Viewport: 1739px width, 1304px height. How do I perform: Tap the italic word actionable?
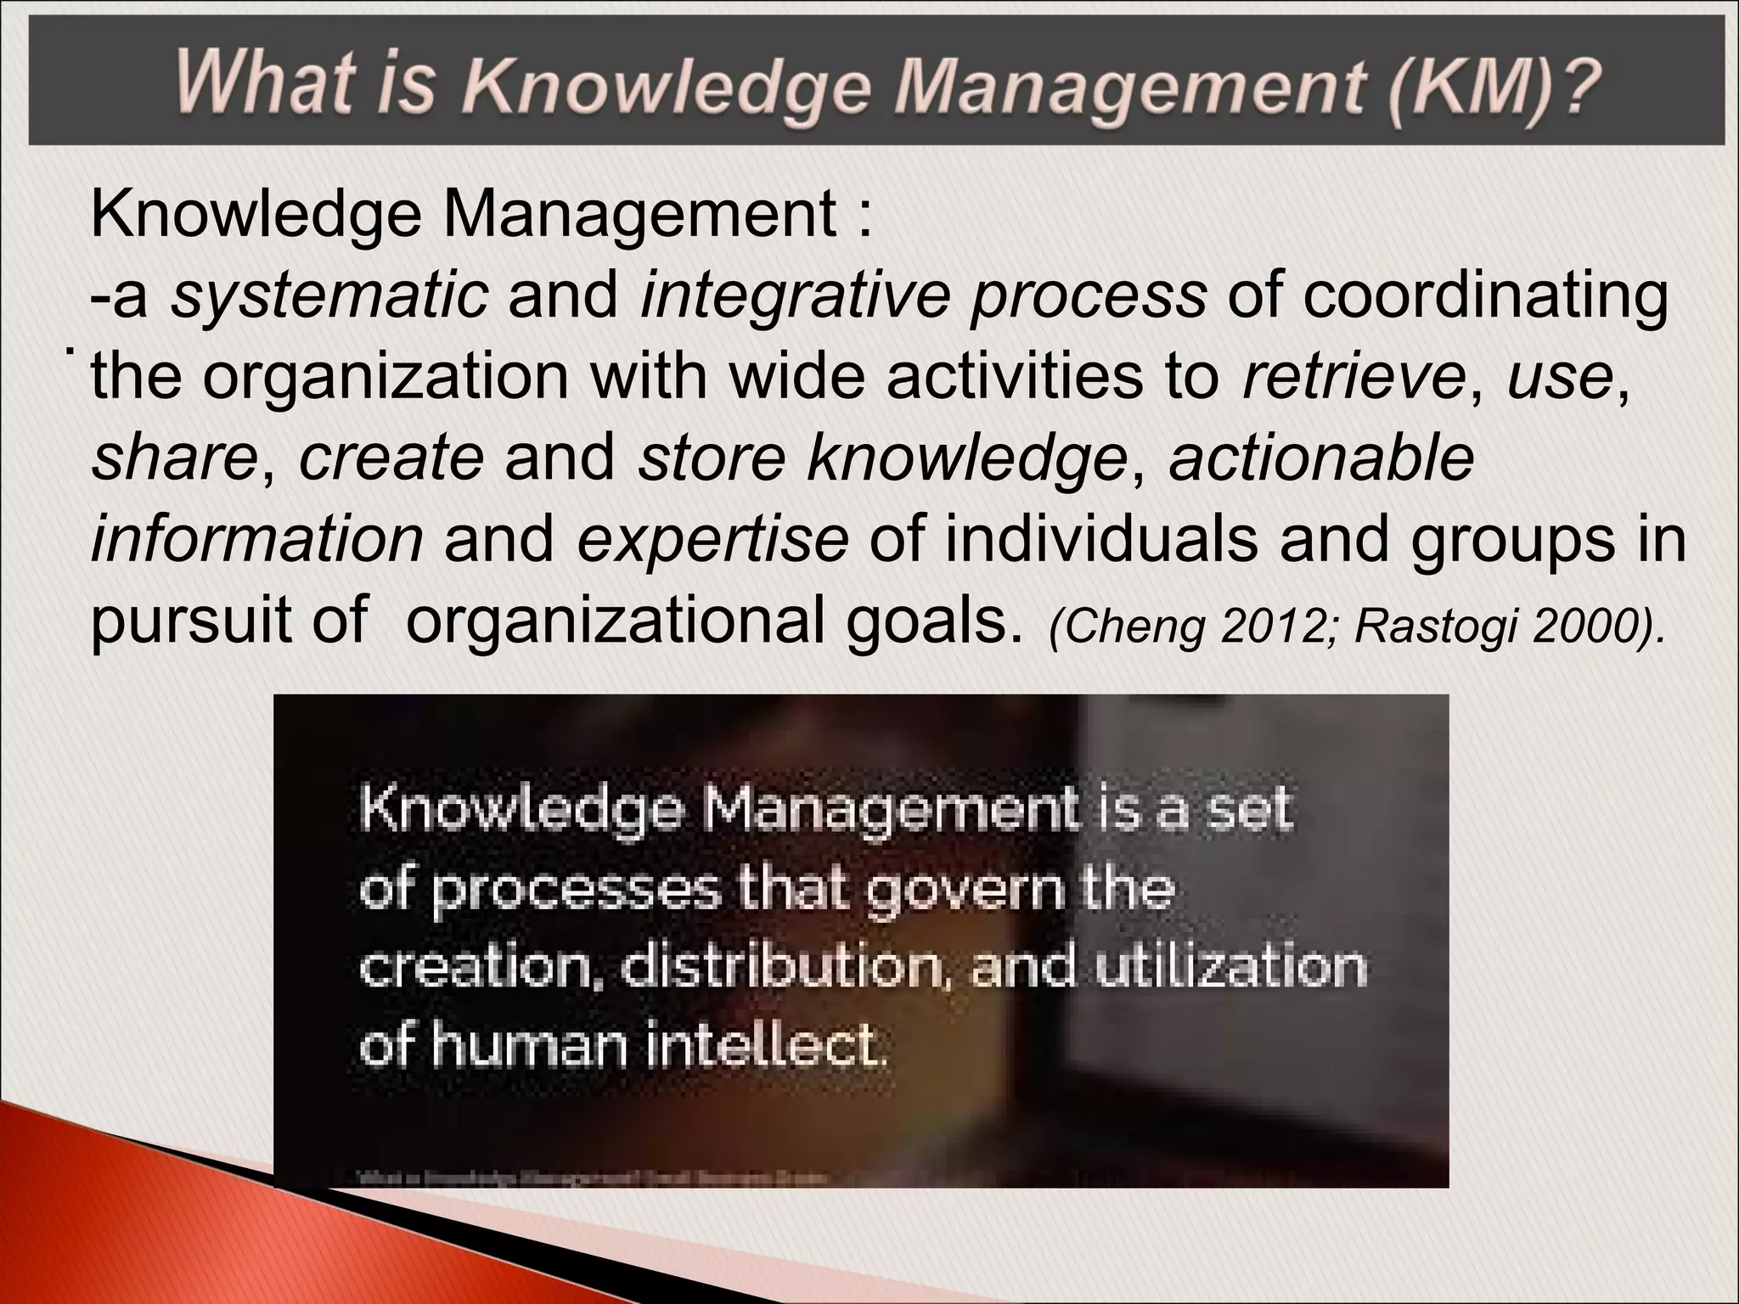[x=1320, y=458]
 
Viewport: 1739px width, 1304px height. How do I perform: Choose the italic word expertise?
[x=712, y=540]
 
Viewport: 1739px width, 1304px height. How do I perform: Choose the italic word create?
[x=391, y=458]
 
